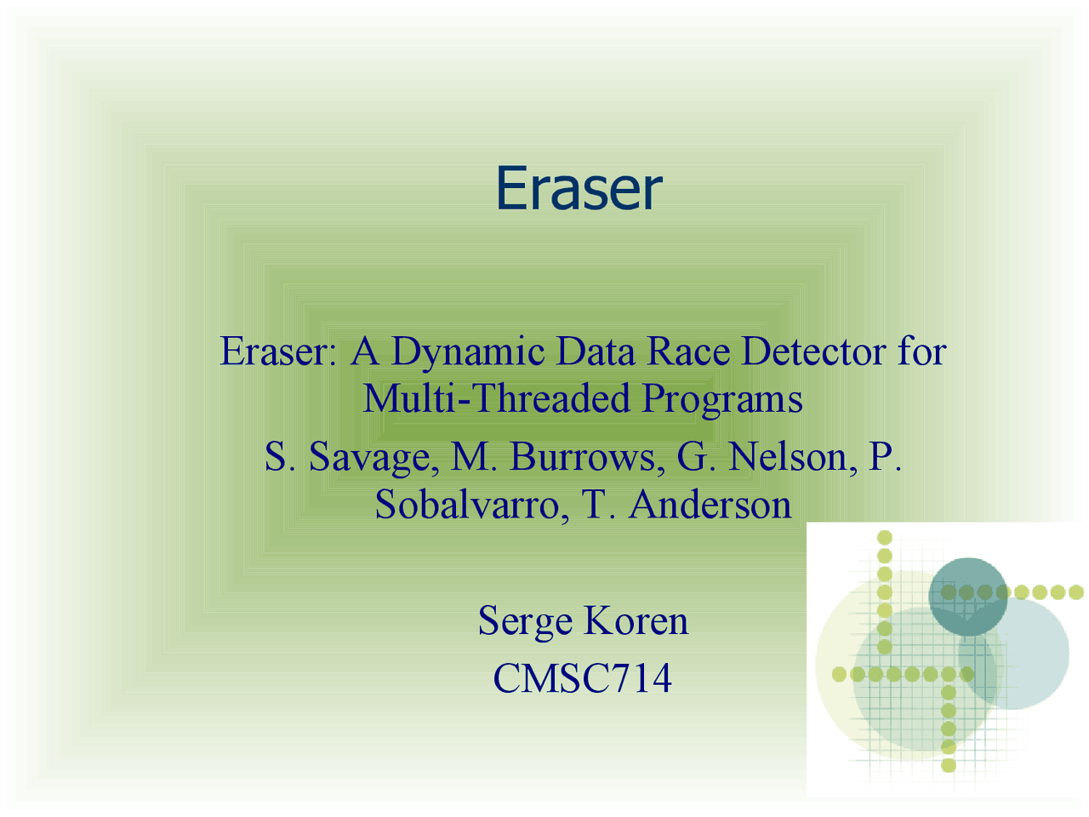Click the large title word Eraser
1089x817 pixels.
579,188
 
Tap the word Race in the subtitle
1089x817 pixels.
688,351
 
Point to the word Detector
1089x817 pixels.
813,351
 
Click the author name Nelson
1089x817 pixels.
792,456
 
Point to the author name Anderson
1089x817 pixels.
710,504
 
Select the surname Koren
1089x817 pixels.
636,620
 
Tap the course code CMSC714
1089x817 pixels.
583,678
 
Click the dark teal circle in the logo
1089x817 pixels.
967,597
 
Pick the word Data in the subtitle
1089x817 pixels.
596,351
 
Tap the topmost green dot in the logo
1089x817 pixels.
885,537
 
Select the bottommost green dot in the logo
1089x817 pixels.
949,765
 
